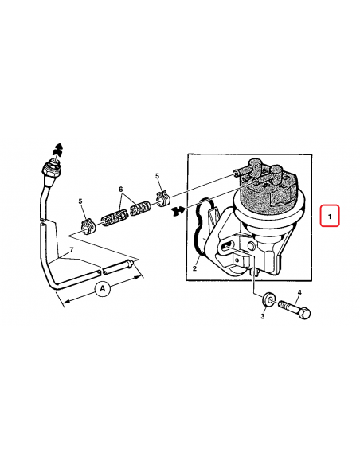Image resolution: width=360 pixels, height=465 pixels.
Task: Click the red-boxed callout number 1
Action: [330, 217]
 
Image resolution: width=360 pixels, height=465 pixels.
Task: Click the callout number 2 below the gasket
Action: [194, 268]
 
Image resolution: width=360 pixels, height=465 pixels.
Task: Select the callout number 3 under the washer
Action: [263, 316]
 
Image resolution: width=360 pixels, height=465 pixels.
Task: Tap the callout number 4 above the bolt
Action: [299, 293]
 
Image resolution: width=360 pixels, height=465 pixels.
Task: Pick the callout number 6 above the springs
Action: [121, 190]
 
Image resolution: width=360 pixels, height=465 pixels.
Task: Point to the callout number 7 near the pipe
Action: [71, 250]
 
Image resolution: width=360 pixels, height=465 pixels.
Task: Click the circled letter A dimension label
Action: [103, 288]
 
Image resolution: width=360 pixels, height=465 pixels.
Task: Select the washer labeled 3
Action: [268, 299]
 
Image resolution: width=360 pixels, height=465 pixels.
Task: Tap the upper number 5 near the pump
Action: [157, 176]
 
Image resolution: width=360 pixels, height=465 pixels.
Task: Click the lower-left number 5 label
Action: [80, 201]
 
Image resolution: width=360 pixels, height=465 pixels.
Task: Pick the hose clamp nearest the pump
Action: [162, 199]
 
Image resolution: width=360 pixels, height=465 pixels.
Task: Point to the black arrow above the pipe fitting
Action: [58, 150]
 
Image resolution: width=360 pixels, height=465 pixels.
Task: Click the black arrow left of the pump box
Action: [178, 210]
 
